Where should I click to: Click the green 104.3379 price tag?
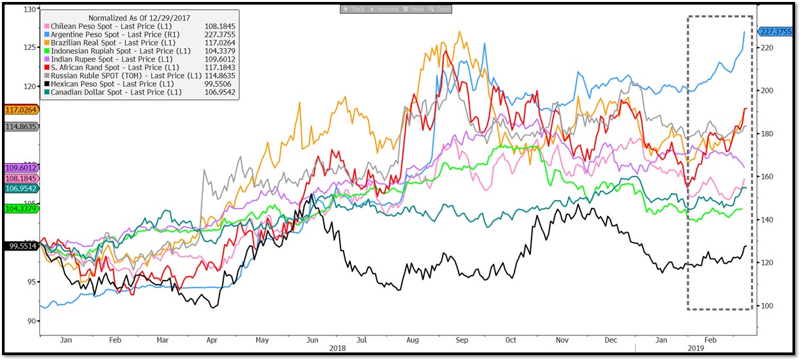pyautogui.click(x=20, y=208)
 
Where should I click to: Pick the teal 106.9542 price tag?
pyautogui.click(x=20, y=189)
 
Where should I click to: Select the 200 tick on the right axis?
pyautogui.click(x=767, y=91)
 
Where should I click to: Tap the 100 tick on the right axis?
pyautogui.click(x=767, y=306)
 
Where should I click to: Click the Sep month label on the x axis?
pyautogui.click(x=461, y=341)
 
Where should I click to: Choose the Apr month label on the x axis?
pyautogui.click(x=212, y=341)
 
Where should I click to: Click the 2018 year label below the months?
pyautogui.click(x=337, y=348)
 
